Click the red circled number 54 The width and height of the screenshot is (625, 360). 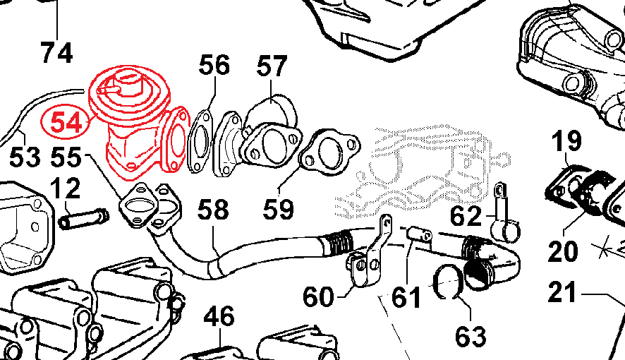(66, 122)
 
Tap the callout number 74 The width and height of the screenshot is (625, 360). (56, 53)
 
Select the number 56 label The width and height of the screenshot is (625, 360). (214, 65)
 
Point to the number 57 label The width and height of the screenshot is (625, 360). (272, 66)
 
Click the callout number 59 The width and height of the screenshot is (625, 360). (278, 208)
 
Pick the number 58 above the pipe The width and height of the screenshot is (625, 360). (213, 210)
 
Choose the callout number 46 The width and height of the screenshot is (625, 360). (219, 316)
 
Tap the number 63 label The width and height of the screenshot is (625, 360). (471, 337)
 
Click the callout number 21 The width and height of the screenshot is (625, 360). (562, 292)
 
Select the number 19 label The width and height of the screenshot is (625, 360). (566, 141)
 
